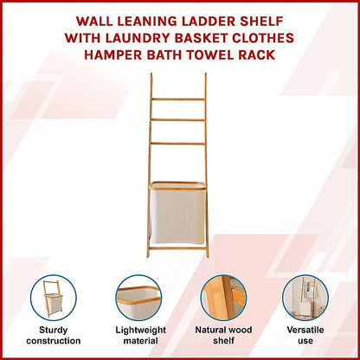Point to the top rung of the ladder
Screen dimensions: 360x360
pos(178,100)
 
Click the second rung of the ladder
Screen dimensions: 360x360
pos(178,121)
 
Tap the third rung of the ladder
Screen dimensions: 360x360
pos(178,143)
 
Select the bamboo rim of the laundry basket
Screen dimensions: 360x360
pos(178,183)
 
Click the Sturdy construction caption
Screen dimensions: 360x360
pos(54,336)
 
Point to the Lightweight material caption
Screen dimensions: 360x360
pos(138,336)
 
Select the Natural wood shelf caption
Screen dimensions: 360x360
pos(222,336)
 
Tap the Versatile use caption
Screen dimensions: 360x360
pos(305,336)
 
